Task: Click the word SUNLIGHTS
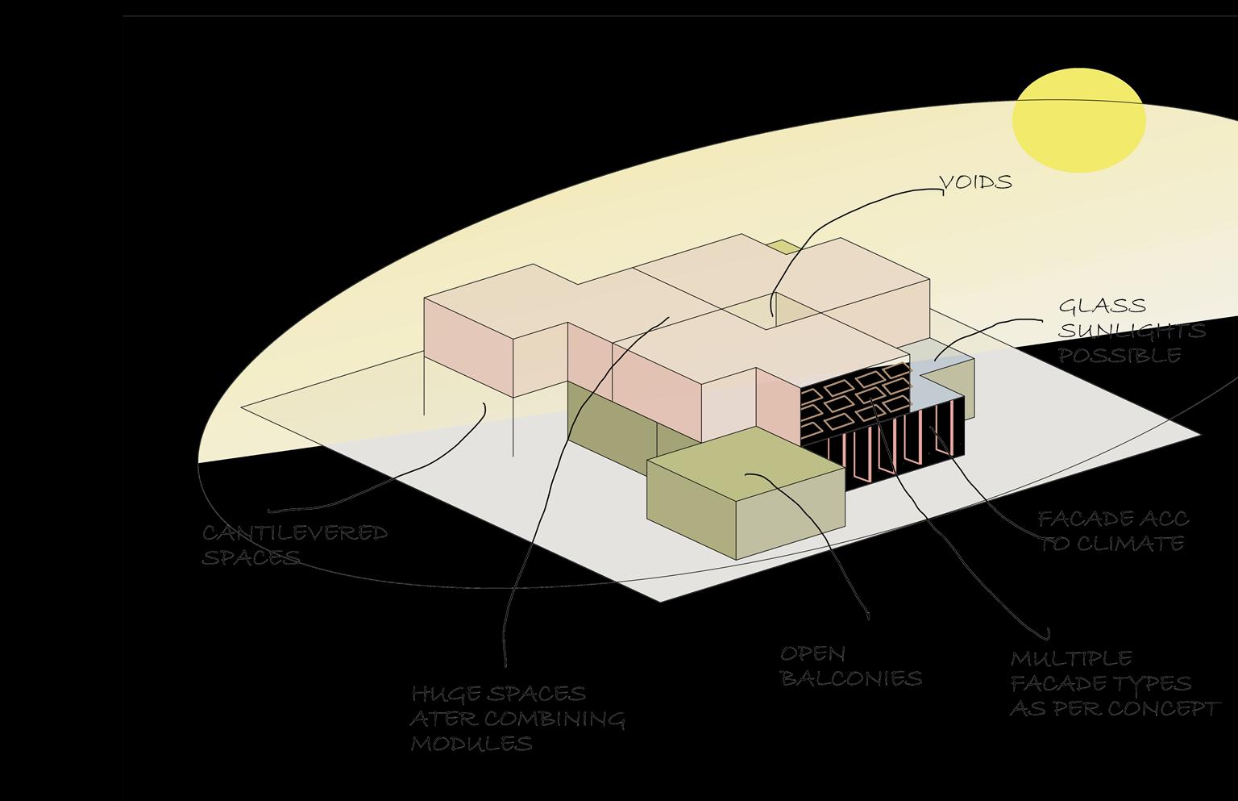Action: pyautogui.click(x=1132, y=331)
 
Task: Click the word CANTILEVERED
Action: pyautogui.click(x=295, y=533)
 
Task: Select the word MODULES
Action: pyautogui.click(x=472, y=743)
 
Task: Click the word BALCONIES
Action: pyautogui.click(x=851, y=678)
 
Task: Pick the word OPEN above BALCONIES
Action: pyautogui.click(x=812, y=654)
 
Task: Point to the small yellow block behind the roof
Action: pyautogui.click(x=780, y=246)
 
